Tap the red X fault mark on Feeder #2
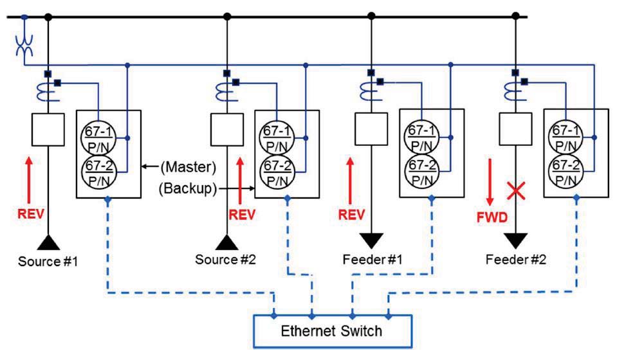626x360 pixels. (x=514, y=190)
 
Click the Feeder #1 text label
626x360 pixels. (x=372, y=259)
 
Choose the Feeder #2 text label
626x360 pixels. (x=516, y=259)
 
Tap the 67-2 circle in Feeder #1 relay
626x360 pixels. (x=421, y=170)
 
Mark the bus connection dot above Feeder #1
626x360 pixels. (x=371, y=15)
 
